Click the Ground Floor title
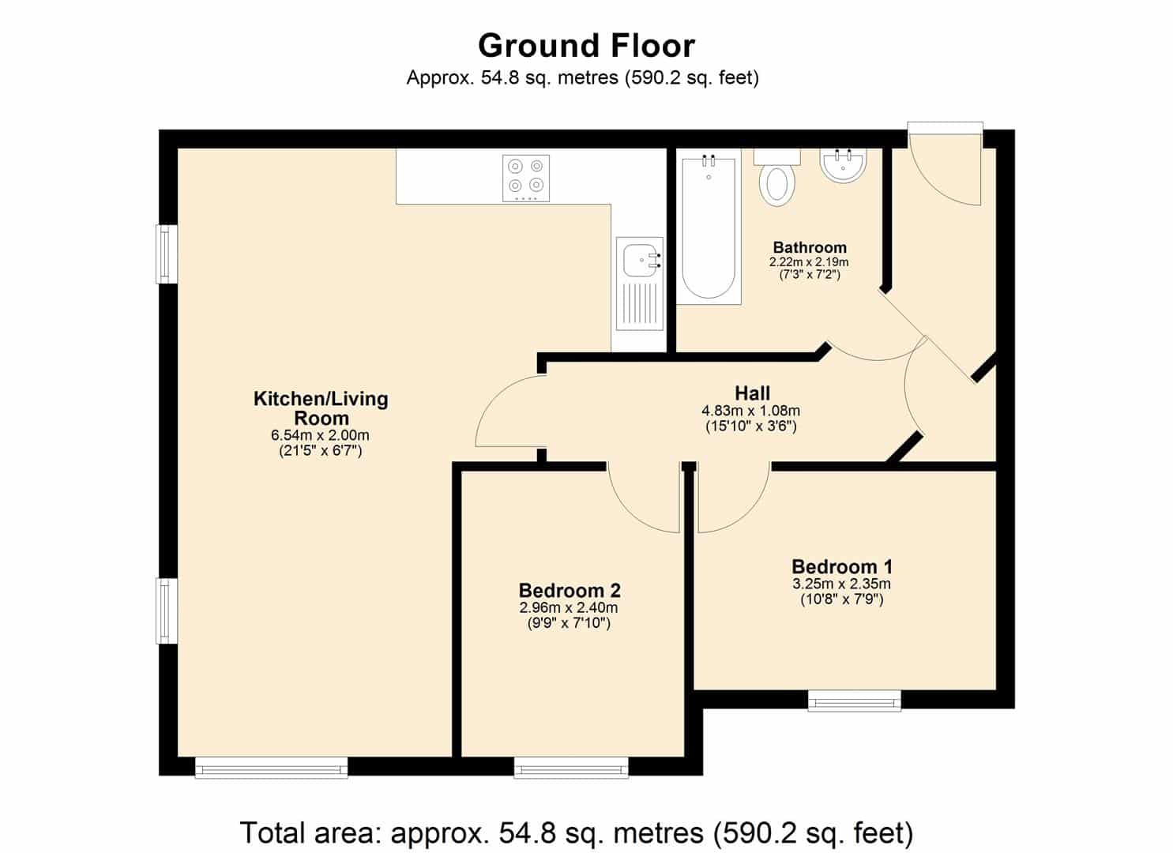(586, 46)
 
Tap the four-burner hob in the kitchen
(526, 178)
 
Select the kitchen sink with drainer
(639, 284)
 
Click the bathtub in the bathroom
(709, 226)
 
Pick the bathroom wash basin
(843, 166)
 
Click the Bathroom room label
(810, 247)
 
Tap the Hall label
(753, 393)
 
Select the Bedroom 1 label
(842, 566)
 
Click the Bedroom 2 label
(570, 591)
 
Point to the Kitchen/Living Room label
(321, 408)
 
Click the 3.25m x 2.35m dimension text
(841, 584)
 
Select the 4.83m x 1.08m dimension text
(751, 411)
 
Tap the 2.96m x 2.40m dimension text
(569, 608)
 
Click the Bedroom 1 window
(854, 701)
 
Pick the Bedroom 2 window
(571, 768)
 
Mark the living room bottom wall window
(271, 768)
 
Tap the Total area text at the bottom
(577, 832)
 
